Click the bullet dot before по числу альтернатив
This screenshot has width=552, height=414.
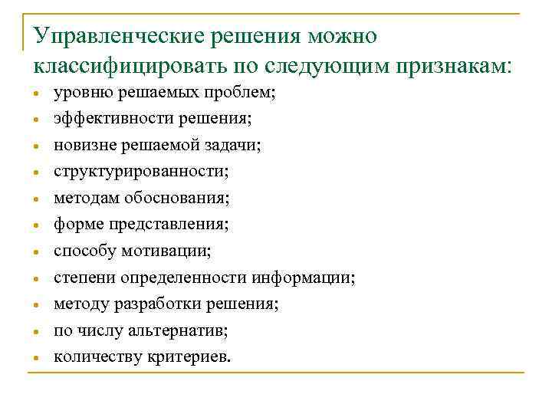[x=36, y=332]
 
